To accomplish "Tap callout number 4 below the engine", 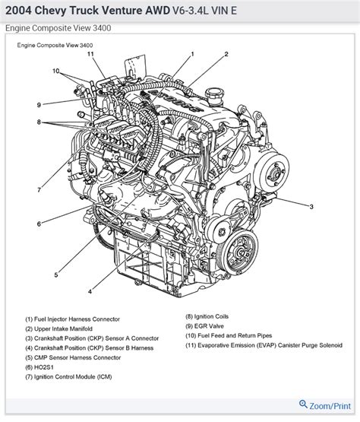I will point(90,291).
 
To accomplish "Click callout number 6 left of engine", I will point(38,223).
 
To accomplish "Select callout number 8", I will point(38,122).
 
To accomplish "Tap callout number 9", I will point(38,104).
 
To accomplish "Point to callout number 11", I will point(90,55).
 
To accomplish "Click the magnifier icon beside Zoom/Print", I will point(302,404).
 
